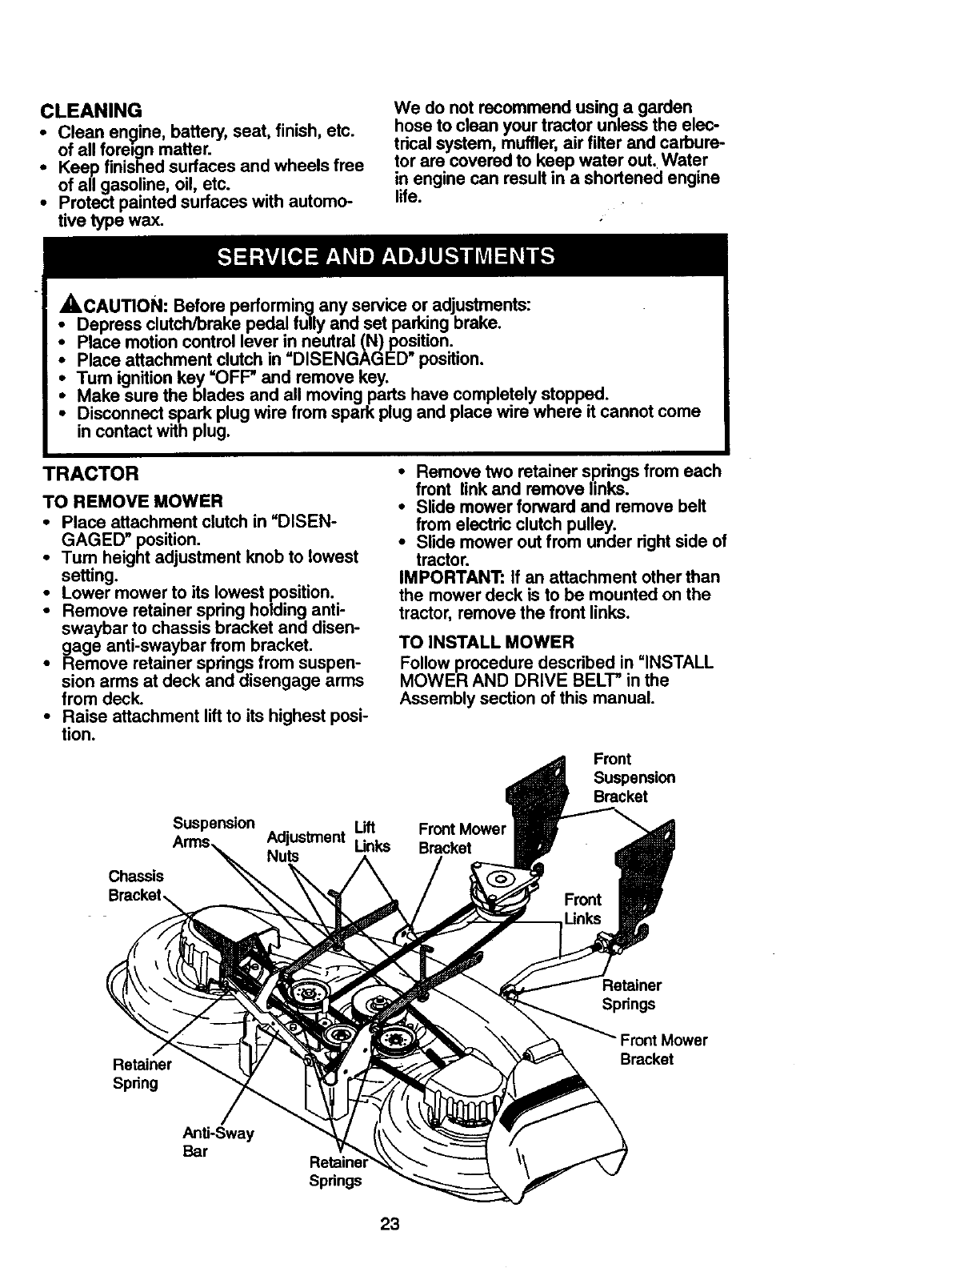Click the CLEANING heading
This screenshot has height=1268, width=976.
pyautogui.click(x=91, y=109)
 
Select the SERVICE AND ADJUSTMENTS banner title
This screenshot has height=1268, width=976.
pyautogui.click(x=386, y=256)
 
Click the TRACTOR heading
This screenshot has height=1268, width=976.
pyautogui.click(x=91, y=474)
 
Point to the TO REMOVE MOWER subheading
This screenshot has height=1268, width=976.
pyautogui.click(x=132, y=502)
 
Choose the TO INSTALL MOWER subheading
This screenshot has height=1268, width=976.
pyautogui.click(x=486, y=642)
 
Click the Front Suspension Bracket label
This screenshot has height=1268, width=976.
pyautogui.click(x=634, y=777)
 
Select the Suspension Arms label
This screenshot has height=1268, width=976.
pyautogui.click(x=214, y=833)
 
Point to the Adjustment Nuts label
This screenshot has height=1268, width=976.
pyautogui.click(x=305, y=846)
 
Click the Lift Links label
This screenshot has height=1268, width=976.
pyautogui.click(x=371, y=837)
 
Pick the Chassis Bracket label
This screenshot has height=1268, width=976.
pyautogui.click(x=136, y=885)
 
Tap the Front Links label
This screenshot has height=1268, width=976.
pyautogui.click(x=582, y=909)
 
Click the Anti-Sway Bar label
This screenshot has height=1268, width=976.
pyautogui.click(x=218, y=1142)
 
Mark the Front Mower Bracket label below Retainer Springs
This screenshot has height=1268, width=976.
pyautogui.click(x=663, y=1049)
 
